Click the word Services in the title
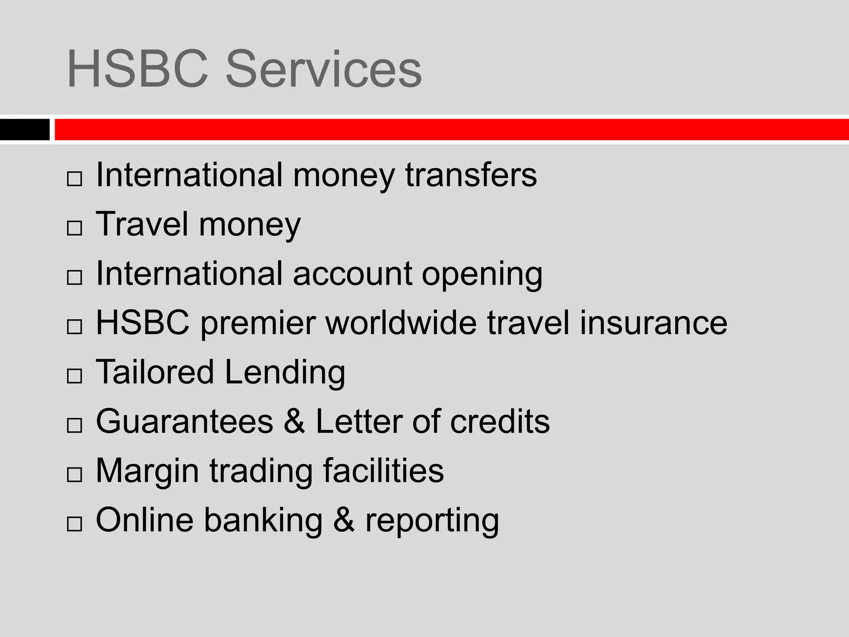(x=323, y=69)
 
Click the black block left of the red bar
(x=24, y=129)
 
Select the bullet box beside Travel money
(x=74, y=228)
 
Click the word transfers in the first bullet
(x=471, y=175)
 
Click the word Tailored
(x=155, y=372)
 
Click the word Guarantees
(x=184, y=421)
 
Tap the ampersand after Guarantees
(x=294, y=421)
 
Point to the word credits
(x=500, y=421)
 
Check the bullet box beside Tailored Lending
(x=74, y=376)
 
